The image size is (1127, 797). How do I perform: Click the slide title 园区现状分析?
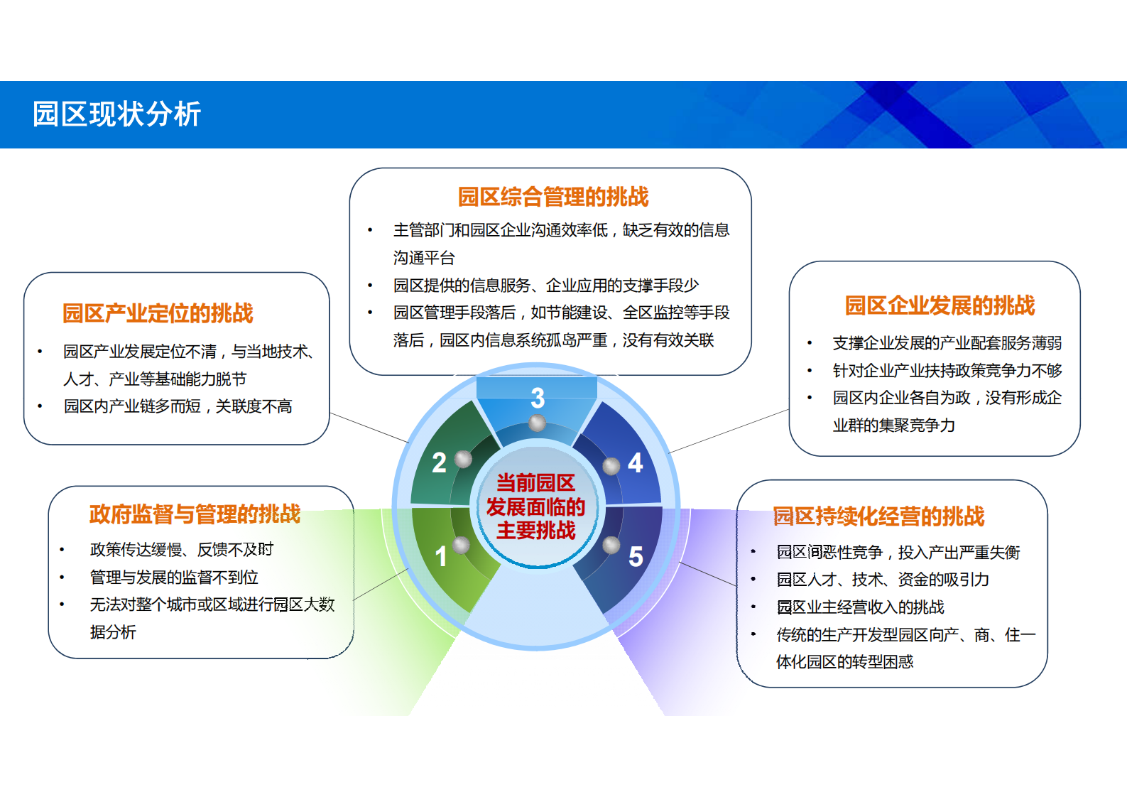coord(117,114)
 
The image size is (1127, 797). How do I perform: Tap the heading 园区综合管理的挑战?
coord(553,197)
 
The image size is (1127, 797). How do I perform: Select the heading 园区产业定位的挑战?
coord(158,313)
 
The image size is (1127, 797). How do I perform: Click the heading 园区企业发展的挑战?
coord(940,305)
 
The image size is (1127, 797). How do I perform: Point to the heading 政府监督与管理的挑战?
coord(195,514)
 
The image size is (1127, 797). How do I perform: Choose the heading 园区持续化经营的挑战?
coord(878,516)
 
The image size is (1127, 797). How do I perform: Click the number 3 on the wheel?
coord(538,398)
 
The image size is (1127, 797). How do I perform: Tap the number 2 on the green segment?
coord(439,463)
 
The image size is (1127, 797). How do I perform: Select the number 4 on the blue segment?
coord(636,463)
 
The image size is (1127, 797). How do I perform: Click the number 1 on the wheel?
coord(441,556)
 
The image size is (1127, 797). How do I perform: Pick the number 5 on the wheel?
coord(636,557)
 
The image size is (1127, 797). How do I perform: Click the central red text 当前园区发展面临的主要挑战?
coord(535,506)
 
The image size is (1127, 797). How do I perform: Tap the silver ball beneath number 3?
coord(538,423)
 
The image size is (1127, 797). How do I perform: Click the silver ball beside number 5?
coord(611,545)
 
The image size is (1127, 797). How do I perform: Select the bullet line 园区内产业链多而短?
coord(178,406)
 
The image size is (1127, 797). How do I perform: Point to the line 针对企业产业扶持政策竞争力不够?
coord(947,370)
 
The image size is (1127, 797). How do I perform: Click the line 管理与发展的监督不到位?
coord(174,577)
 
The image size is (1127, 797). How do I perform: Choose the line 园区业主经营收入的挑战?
coord(860,607)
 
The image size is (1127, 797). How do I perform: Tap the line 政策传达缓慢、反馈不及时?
coord(181,549)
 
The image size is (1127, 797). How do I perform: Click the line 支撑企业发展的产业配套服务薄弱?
coord(947,343)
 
